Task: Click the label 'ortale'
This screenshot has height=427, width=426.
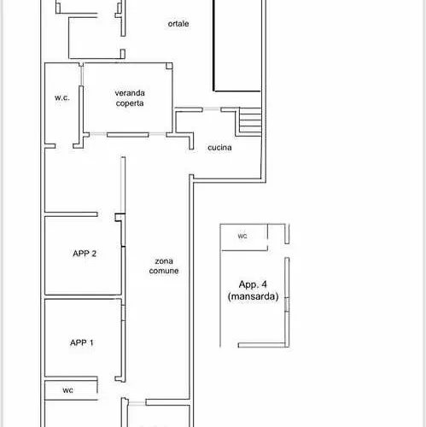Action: point(178,24)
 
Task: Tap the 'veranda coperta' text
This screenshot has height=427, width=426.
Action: point(130,98)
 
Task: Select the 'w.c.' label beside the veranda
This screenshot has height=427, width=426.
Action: point(62,97)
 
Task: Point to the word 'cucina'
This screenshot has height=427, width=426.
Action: point(219,148)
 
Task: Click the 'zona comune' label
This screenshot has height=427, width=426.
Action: point(164,266)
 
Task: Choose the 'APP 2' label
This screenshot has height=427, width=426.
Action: point(85,254)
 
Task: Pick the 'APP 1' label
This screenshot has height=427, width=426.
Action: point(82,342)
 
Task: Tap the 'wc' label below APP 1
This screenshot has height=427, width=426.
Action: point(67,390)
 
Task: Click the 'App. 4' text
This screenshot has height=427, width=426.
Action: point(253,284)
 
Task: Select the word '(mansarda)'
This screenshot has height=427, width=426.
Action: point(253,296)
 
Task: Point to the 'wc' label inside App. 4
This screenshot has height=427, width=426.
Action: point(242,237)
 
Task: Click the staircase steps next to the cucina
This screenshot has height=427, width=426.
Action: point(250,120)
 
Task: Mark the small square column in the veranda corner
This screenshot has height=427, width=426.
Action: point(169,66)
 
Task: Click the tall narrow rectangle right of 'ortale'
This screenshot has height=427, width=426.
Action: point(237,45)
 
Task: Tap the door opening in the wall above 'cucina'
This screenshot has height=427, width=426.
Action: point(212,109)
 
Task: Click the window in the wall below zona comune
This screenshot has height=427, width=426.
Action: point(137,403)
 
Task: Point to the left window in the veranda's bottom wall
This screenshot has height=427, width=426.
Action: point(98,134)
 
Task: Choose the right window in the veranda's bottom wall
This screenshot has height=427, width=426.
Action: point(157,134)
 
